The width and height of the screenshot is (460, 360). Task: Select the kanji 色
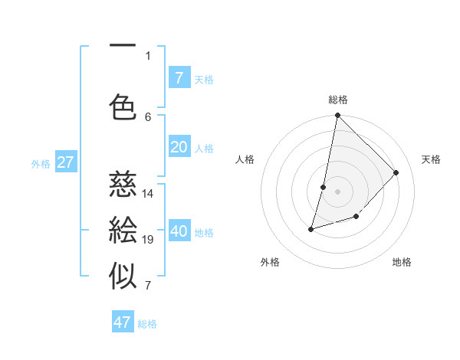click(x=123, y=107)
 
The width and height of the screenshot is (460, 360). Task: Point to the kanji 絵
click(x=123, y=231)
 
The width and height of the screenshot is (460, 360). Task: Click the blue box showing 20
click(x=179, y=148)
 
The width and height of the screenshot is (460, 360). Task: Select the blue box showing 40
click(x=179, y=232)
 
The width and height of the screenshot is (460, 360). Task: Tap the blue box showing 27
click(x=65, y=162)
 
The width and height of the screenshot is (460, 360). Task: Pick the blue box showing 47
click(x=123, y=322)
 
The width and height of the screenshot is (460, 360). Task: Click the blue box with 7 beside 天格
click(x=179, y=77)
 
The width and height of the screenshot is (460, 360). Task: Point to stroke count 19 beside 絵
click(x=148, y=240)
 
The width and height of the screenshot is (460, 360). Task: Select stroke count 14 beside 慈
click(x=148, y=193)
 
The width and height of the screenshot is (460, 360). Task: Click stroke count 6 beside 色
click(x=148, y=116)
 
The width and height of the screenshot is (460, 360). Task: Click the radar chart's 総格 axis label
click(x=337, y=100)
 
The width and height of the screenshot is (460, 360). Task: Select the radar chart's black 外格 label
click(x=270, y=262)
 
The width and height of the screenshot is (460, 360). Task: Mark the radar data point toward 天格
click(x=396, y=172)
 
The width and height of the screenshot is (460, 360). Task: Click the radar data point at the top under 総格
click(x=337, y=116)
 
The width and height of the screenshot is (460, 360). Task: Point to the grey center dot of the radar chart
click(x=337, y=191)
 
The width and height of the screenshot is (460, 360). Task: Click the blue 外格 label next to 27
click(x=41, y=163)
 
